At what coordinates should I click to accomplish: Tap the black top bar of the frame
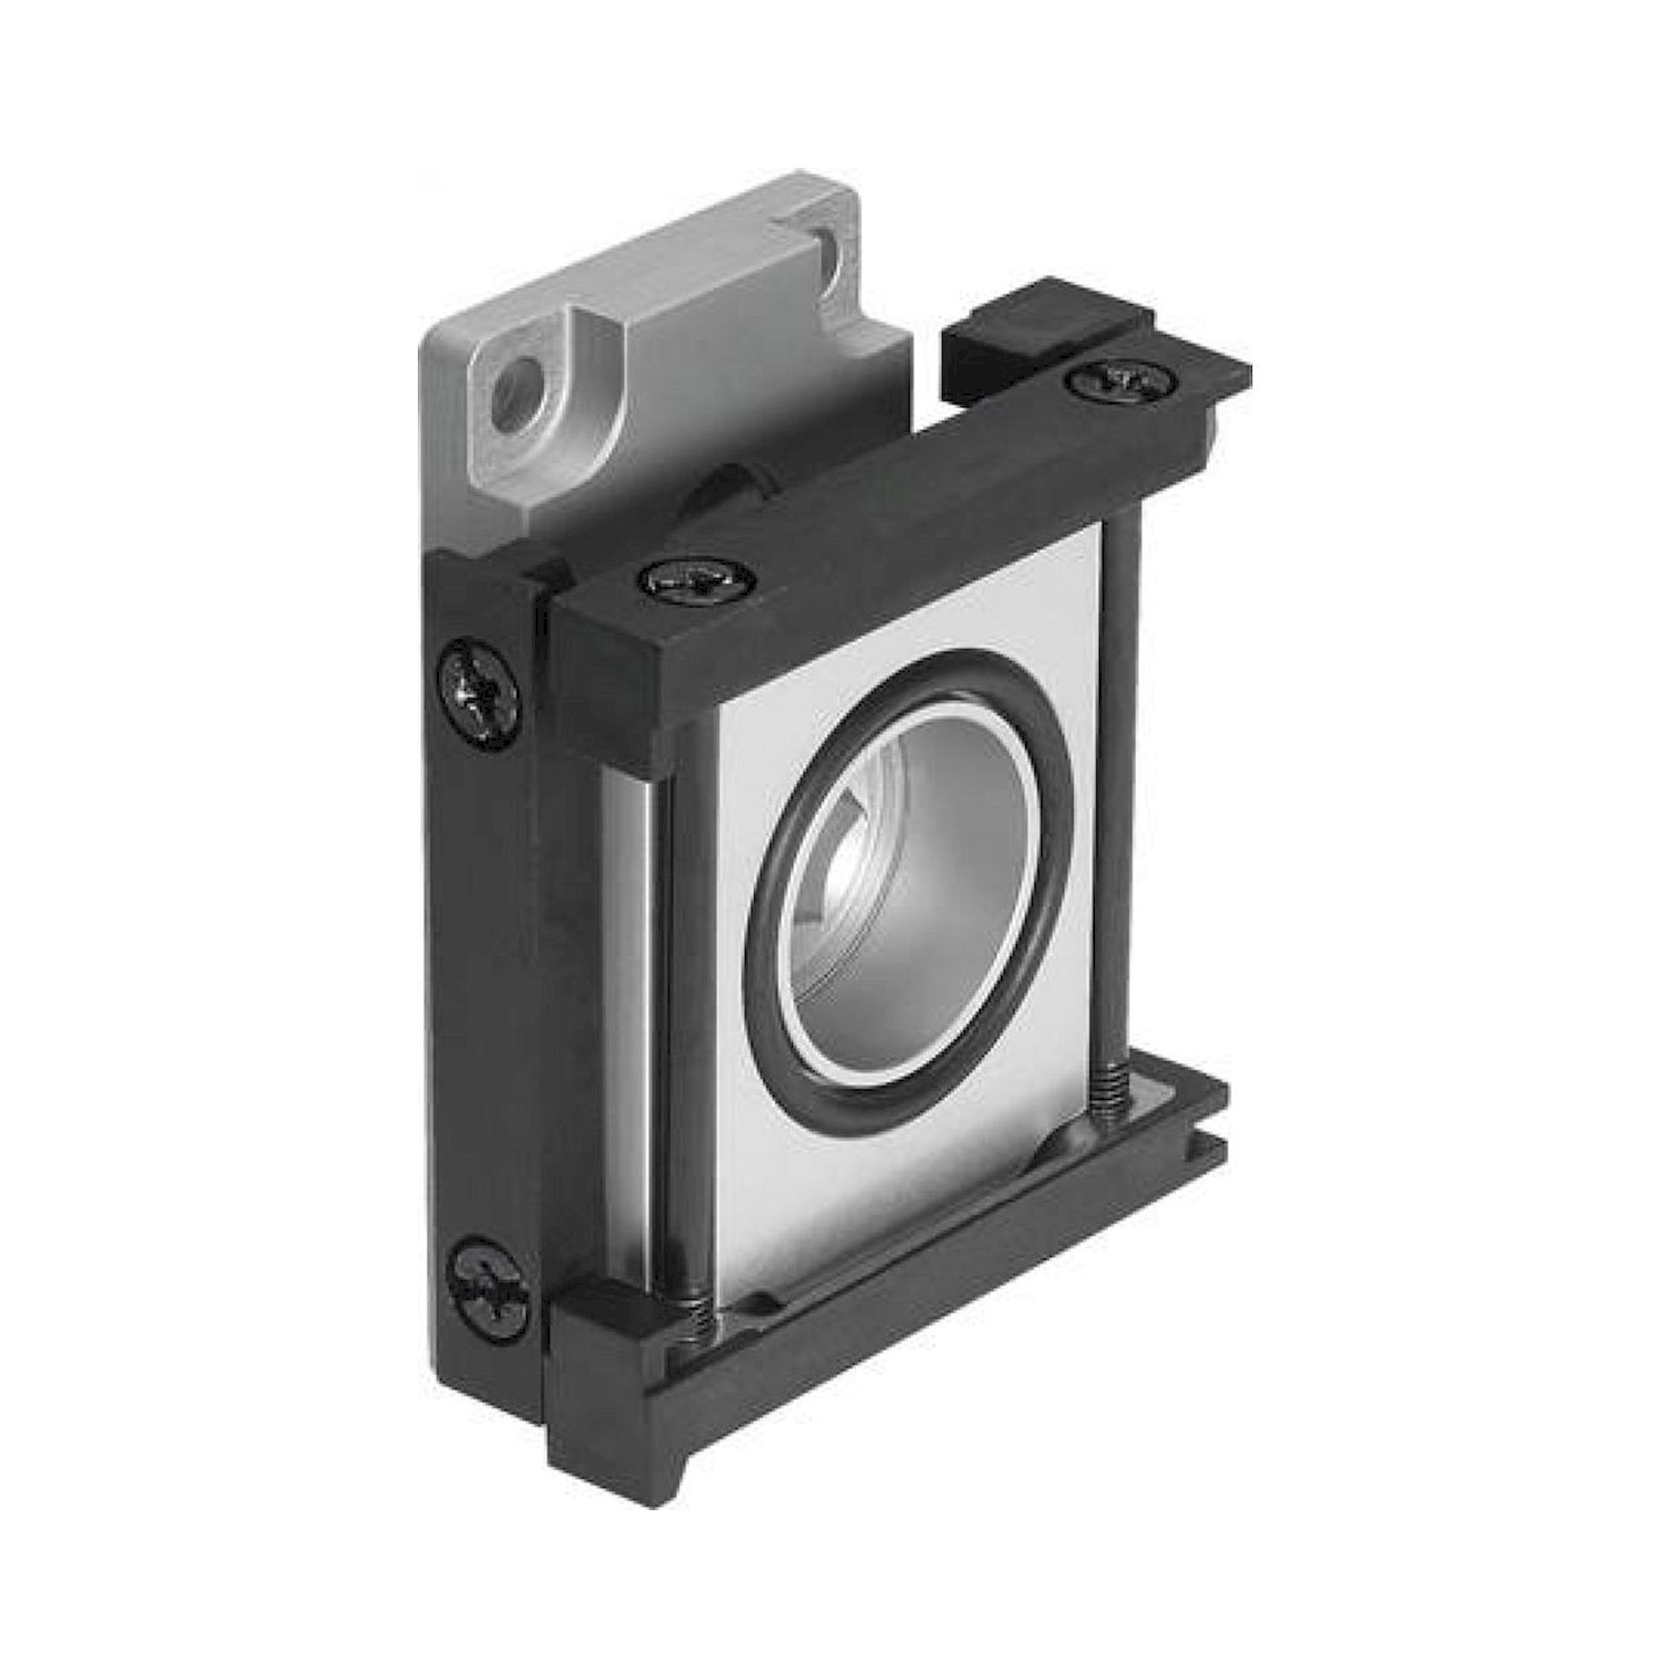[868, 521]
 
